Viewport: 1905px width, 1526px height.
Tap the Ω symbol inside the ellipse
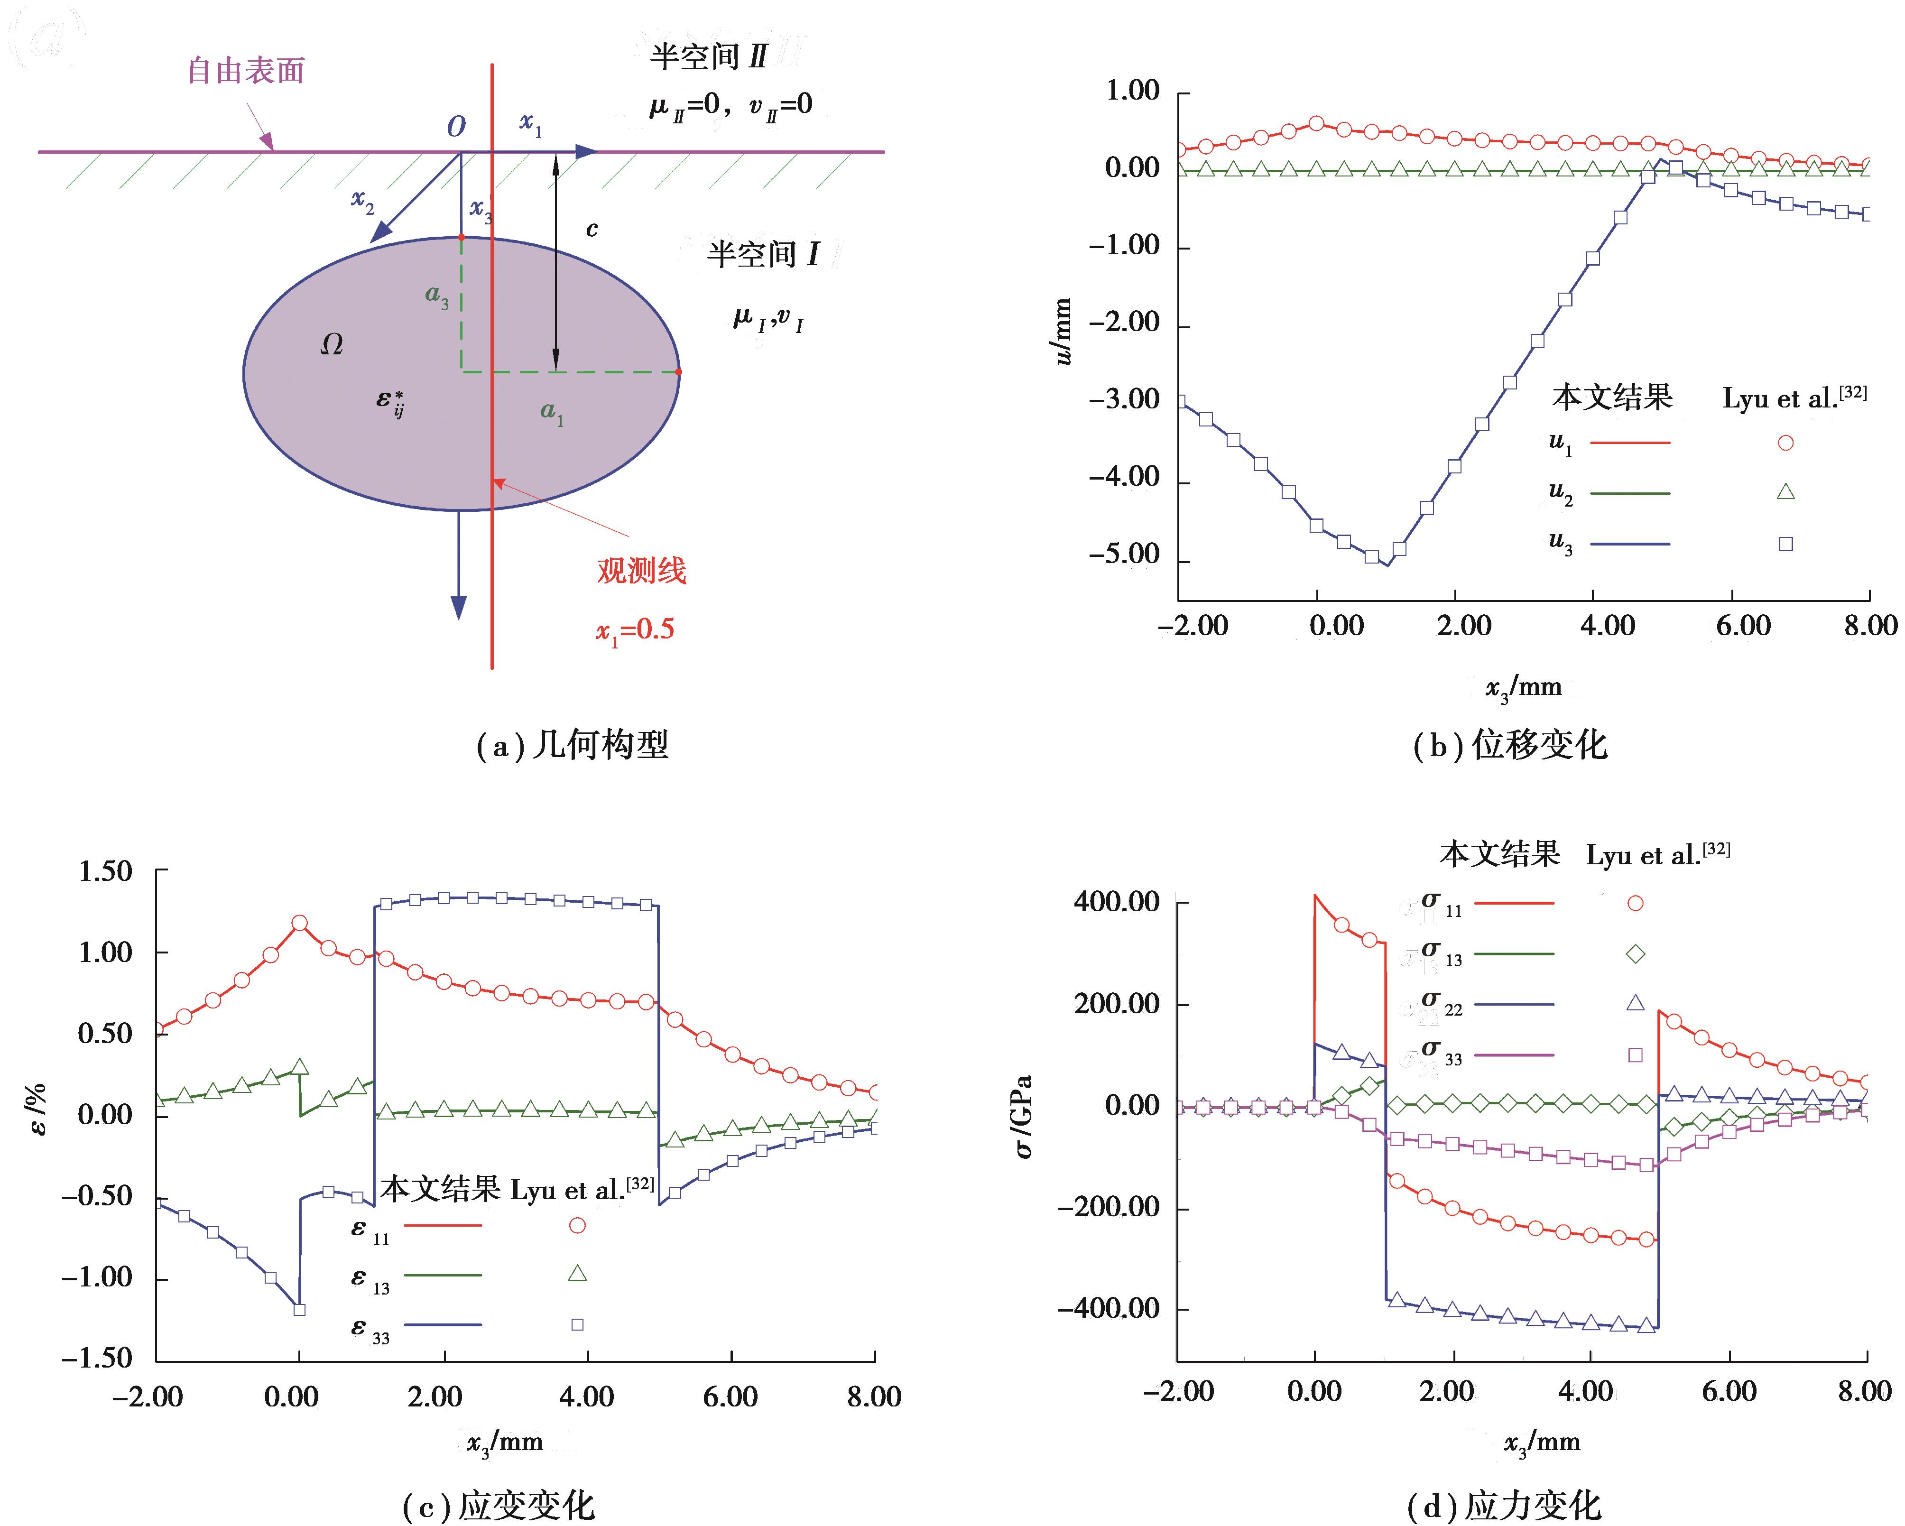point(332,344)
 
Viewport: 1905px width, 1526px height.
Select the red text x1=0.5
point(634,630)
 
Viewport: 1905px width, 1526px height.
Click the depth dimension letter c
point(592,229)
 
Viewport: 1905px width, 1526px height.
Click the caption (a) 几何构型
point(573,745)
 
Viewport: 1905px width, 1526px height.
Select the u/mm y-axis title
point(1063,332)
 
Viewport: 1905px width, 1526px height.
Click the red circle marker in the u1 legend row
point(1786,443)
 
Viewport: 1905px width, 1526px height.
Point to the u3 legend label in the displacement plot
point(1561,542)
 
